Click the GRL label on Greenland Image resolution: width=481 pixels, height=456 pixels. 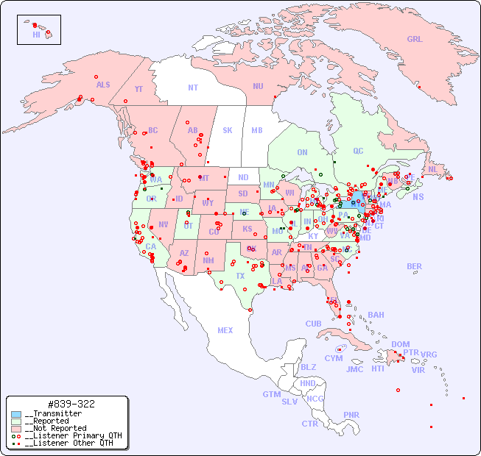tap(415, 40)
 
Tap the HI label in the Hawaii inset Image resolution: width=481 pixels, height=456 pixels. tap(36, 35)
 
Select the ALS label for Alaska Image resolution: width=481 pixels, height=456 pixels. tap(103, 85)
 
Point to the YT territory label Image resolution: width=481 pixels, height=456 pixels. tap(138, 89)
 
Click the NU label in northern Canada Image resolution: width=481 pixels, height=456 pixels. tap(258, 86)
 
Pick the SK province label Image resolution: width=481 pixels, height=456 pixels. tap(228, 130)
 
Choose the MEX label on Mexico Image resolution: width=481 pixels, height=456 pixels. tap(225, 330)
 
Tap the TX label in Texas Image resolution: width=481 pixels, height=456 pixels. tap(239, 277)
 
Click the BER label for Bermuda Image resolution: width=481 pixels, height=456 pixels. tap(415, 266)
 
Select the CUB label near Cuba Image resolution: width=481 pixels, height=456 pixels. tap(314, 324)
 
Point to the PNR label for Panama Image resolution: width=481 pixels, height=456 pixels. tap(351, 415)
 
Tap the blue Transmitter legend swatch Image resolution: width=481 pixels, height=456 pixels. tap(16, 414)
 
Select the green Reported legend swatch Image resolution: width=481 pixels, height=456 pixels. tap(16, 421)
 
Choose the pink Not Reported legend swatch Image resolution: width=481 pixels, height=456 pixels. tap(16, 428)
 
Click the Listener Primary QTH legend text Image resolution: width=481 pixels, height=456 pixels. tap(72, 435)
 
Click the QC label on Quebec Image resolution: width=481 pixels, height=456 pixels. tap(358, 151)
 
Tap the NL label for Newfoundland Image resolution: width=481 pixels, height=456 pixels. tap(432, 169)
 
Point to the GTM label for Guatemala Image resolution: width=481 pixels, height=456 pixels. tap(271, 394)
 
